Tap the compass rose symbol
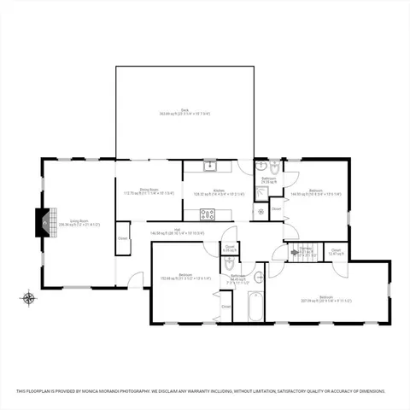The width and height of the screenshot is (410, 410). pos(28,298)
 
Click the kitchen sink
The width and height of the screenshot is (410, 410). pos(210,165)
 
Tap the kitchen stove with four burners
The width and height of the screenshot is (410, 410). pos(208,214)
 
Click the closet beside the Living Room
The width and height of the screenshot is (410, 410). pos(122,237)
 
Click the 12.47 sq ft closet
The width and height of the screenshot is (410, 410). pos(336,252)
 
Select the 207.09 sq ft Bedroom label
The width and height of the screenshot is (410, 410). pos(325,299)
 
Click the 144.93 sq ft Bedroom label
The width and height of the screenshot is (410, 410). pos(315,192)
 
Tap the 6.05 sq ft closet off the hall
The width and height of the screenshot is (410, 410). pos(230,249)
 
